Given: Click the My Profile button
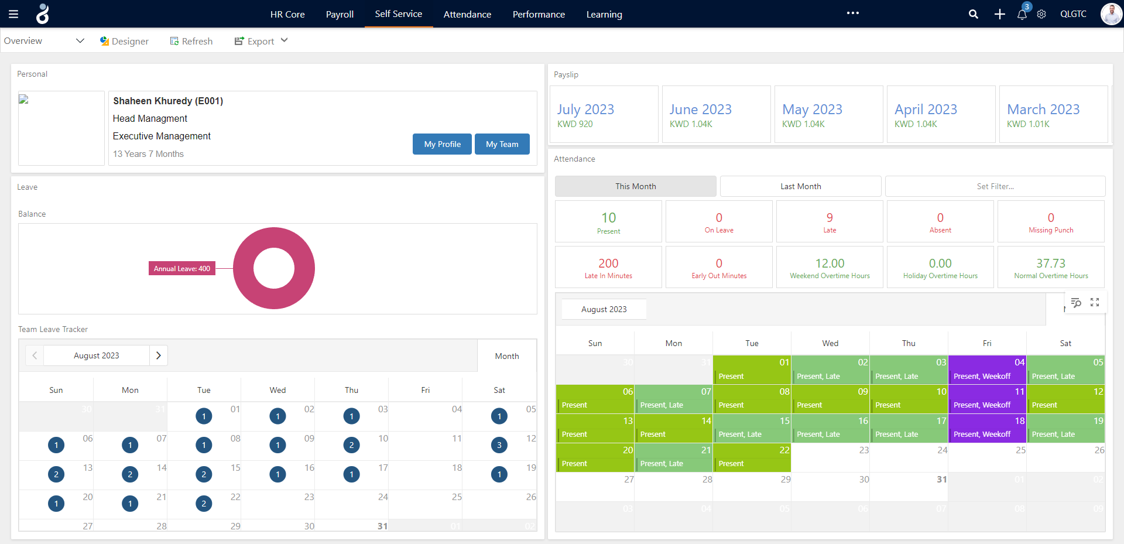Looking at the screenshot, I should point(442,144).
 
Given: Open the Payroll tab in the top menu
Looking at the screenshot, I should point(340,14).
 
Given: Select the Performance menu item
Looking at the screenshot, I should point(539,14).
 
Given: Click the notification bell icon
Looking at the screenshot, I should point(1022,14).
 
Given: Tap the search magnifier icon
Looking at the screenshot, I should point(973,14).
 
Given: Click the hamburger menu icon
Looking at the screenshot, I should point(13,14).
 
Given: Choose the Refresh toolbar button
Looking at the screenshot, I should point(191,41).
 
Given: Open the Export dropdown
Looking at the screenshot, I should point(261,41).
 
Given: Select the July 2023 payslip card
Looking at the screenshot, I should point(604,115).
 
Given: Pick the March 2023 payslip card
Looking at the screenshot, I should point(1053,115).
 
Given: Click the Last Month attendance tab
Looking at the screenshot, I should point(800,186).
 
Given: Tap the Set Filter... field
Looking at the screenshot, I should point(995,186).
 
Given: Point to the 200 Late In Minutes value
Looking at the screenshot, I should point(608,264).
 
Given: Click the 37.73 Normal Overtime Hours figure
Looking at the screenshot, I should point(1051,264).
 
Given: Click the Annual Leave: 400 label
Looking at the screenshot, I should point(182,269).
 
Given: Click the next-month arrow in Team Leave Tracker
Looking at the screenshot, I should point(159,355).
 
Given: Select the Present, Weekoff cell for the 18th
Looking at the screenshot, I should point(986,429).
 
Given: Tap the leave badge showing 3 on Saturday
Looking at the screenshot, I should point(499,445).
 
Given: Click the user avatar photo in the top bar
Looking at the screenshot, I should point(1111,14).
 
